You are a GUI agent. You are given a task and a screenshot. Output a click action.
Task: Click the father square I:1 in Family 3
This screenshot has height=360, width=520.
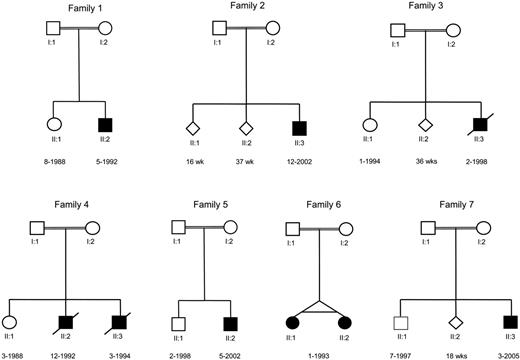(397, 29)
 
